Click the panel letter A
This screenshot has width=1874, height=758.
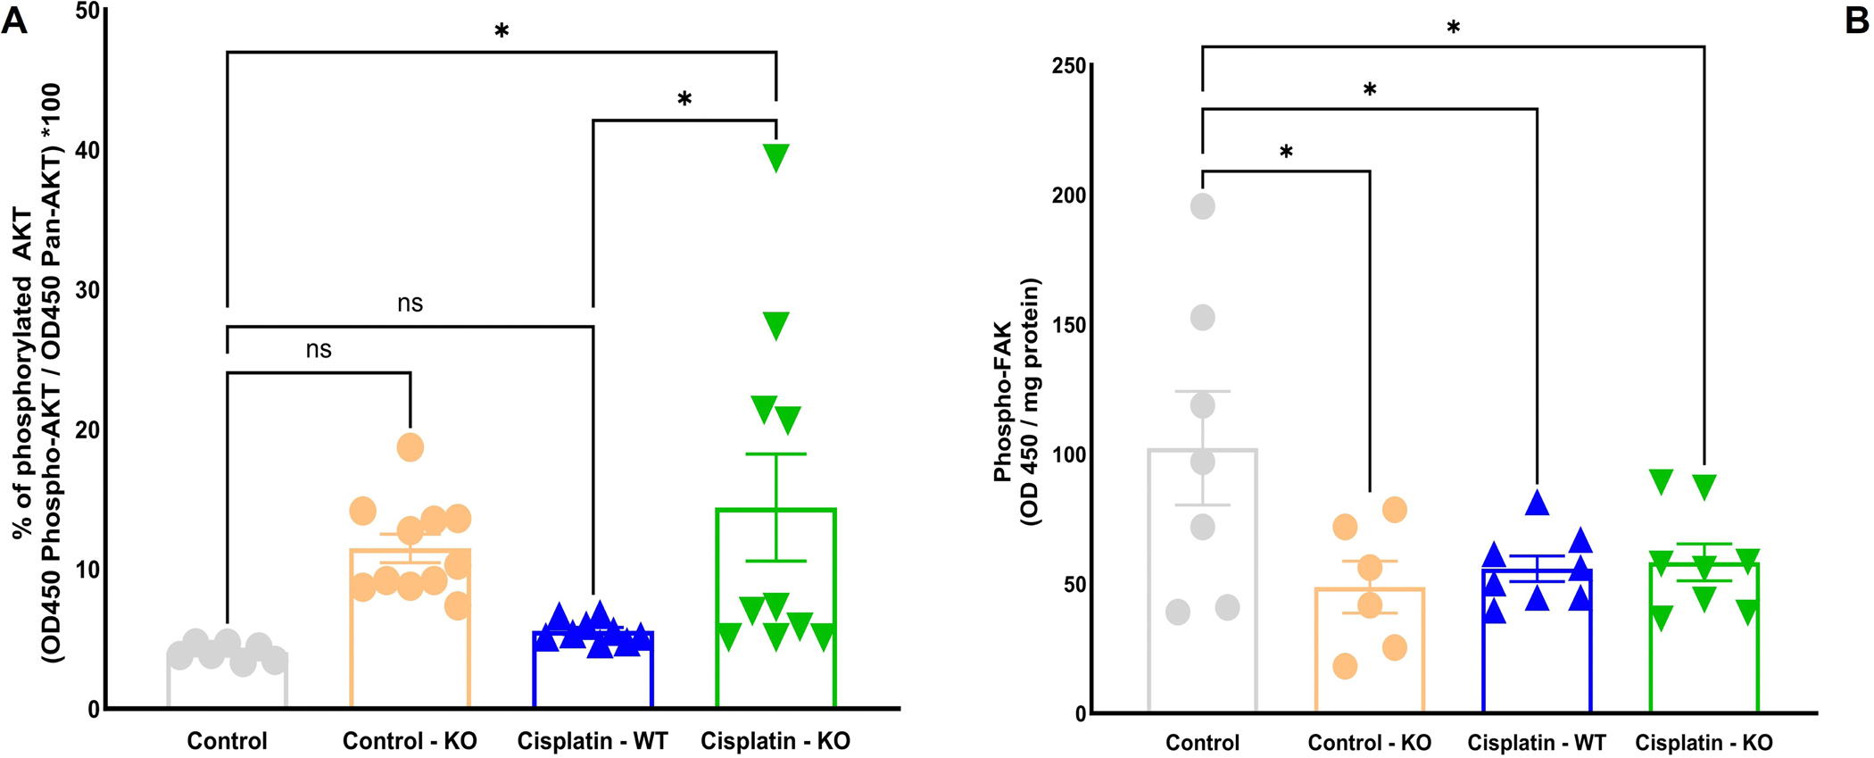click(14, 20)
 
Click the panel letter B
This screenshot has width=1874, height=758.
click(1857, 20)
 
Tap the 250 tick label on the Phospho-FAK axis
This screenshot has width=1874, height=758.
click(1068, 66)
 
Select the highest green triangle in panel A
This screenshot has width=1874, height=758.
click(775, 157)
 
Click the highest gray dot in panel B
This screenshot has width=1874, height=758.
click(1203, 206)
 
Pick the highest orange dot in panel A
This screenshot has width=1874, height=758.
click(410, 446)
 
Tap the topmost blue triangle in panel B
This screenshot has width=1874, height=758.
click(1537, 503)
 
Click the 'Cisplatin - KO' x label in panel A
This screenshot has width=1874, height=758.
click(775, 741)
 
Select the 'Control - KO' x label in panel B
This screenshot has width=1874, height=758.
click(1369, 743)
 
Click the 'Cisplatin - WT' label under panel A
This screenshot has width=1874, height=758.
click(593, 741)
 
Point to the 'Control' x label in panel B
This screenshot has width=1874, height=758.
click(1202, 743)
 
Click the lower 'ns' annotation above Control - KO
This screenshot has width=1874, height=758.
click(319, 349)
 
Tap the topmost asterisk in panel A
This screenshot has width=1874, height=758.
click(502, 32)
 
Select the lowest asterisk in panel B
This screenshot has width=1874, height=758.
click(1286, 153)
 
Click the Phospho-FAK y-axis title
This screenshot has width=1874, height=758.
click(1017, 402)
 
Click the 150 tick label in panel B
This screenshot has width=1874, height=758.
click(1068, 325)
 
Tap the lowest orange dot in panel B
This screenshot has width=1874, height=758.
click(1345, 665)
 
